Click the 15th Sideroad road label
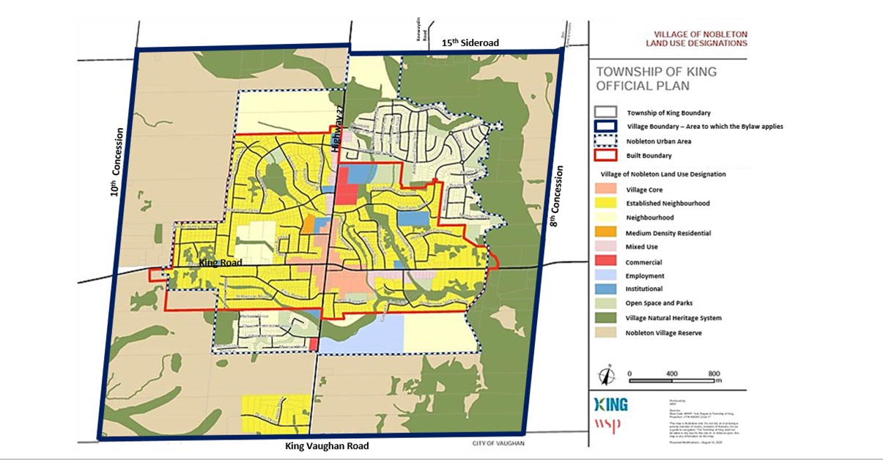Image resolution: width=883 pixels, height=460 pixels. [470, 43]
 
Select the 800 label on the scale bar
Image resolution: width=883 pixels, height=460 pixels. [714, 373]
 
